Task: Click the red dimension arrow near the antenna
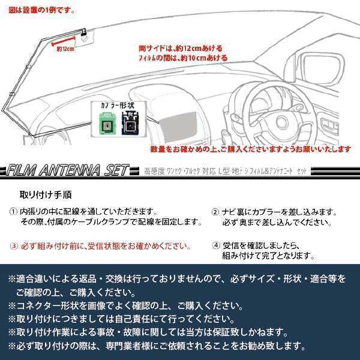pos(64,41)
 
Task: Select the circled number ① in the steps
pos(14,212)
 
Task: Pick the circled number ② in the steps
pos(215,212)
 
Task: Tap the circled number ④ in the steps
pos(215,245)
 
